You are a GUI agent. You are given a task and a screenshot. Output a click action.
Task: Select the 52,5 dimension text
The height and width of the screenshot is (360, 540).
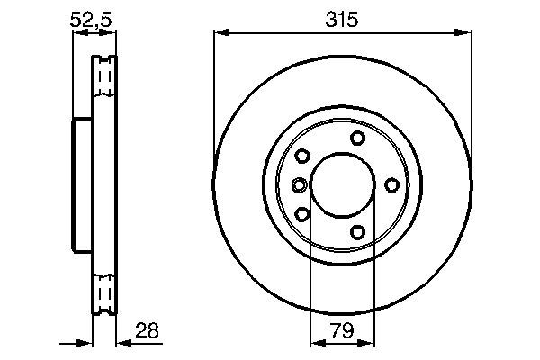click(x=94, y=18)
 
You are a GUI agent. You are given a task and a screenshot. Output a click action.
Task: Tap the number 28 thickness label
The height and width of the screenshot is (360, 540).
click(x=148, y=330)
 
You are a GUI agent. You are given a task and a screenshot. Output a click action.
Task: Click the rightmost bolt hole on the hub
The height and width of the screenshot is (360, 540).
click(x=391, y=184)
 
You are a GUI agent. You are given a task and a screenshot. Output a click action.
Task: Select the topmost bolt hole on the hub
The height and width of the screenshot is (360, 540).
click(x=357, y=137)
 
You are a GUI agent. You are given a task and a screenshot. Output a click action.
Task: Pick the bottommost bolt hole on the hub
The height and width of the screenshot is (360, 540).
click(x=357, y=232)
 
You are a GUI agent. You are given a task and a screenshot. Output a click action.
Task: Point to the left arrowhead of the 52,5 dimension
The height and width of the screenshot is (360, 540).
click(x=76, y=33)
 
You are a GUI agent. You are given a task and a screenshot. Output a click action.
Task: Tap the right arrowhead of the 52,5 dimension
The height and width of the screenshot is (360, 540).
click(x=112, y=33)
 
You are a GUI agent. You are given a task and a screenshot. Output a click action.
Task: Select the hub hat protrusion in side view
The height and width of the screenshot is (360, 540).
click(x=82, y=184)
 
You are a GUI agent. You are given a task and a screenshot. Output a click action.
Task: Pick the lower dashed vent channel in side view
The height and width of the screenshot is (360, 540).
click(x=105, y=292)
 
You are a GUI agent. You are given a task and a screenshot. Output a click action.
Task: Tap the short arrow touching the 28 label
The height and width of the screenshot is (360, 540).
click(x=125, y=343)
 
